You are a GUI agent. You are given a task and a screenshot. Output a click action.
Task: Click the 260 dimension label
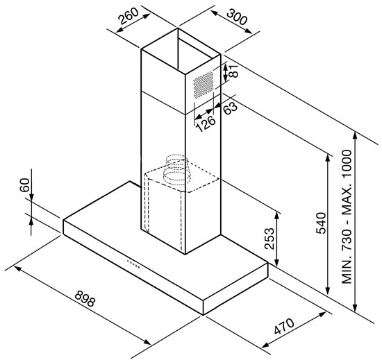pyautogui.click(x=128, y=16)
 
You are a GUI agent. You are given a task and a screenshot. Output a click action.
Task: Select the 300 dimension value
pyautogui.click(x=237, y=17)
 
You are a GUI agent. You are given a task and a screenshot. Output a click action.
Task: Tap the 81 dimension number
pyautogui.click(x=233, y=71)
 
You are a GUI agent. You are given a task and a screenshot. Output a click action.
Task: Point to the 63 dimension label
pyautogui.click(x=230, y=108)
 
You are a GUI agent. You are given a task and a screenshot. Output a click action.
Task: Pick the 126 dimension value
pyautogui.click(x=206, y=123)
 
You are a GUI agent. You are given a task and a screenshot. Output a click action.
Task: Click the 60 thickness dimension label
pyautogui.click(x=24, y=185)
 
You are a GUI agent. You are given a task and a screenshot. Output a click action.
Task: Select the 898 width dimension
pyautogui.click(x=85, y=298)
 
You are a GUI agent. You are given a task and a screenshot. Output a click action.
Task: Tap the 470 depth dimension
pyautogui.click(x=284, y=327)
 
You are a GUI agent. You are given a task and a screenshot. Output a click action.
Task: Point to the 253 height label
pyautogui.click(x=269, y=239)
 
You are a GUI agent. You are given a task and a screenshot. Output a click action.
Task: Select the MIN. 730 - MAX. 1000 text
pyautogui.click(x=347, y=216)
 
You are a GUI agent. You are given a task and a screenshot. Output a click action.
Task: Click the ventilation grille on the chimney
pyautogui.click(x=204, y=85)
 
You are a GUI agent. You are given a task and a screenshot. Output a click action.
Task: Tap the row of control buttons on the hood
pyautogui.click(x=133, y=264)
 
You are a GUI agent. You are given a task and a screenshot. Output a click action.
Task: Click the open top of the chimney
pyautogui.click(x=181, y=51)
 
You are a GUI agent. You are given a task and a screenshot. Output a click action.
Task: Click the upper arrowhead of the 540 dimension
pyautogui.click(x=328, y=159)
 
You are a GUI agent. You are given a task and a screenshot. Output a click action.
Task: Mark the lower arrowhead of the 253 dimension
pyautogui.click(x=276, y=263)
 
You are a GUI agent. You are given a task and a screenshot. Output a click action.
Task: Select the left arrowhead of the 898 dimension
pyautogui.click(x=18, y=268)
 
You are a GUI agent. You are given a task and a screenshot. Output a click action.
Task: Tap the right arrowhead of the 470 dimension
pyautogui.click(x=322, y=314)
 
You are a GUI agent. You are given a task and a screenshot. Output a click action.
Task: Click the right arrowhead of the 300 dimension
pyautogui.click(x=248, y=31)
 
